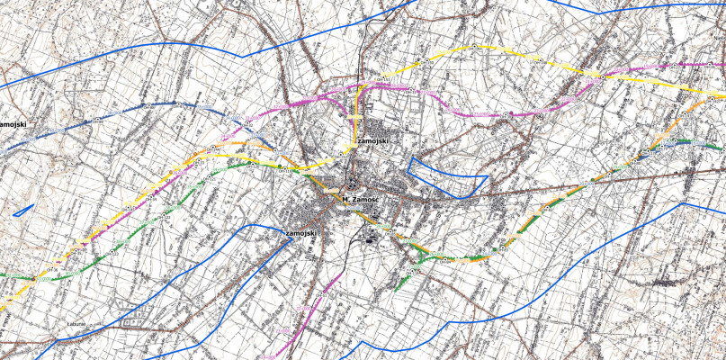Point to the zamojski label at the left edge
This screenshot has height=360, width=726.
[x=11, y=123]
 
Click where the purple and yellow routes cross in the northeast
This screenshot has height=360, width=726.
[x=596, y=77]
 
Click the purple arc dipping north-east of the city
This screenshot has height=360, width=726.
[x=477, y=114]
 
